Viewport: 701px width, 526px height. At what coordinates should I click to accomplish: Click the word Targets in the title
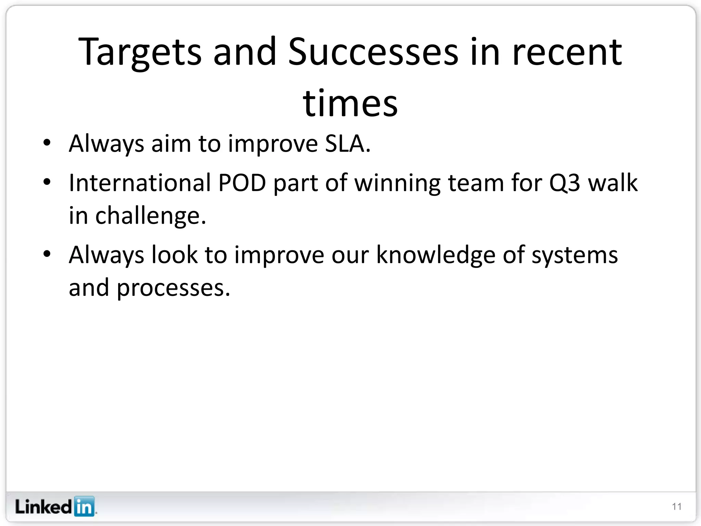tap(140, 52)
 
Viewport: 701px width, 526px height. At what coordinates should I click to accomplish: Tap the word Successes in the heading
tap(373, 52)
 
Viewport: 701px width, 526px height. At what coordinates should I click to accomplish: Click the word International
tap(140, 183)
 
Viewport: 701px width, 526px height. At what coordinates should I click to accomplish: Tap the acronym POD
tap(242, 183)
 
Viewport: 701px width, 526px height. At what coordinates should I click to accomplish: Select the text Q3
tap(564, 183)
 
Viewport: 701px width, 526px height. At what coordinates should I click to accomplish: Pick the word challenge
tap(150, 216)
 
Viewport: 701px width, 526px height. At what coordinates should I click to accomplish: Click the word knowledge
tap(436, 255)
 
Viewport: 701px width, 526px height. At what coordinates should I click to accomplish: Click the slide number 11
tap(677, 506)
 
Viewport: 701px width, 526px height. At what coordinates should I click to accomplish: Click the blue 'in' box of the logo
tap(84, 506)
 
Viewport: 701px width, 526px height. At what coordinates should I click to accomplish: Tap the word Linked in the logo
tap(43, 506)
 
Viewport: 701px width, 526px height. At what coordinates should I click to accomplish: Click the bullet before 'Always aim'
tap(47, 143)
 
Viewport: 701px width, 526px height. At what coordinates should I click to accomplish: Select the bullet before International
tap(47, 182)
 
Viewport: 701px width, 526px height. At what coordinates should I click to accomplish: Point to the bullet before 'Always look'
tap(47, 254)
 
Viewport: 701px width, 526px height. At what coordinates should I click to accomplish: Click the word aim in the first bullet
tap(171, 143)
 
